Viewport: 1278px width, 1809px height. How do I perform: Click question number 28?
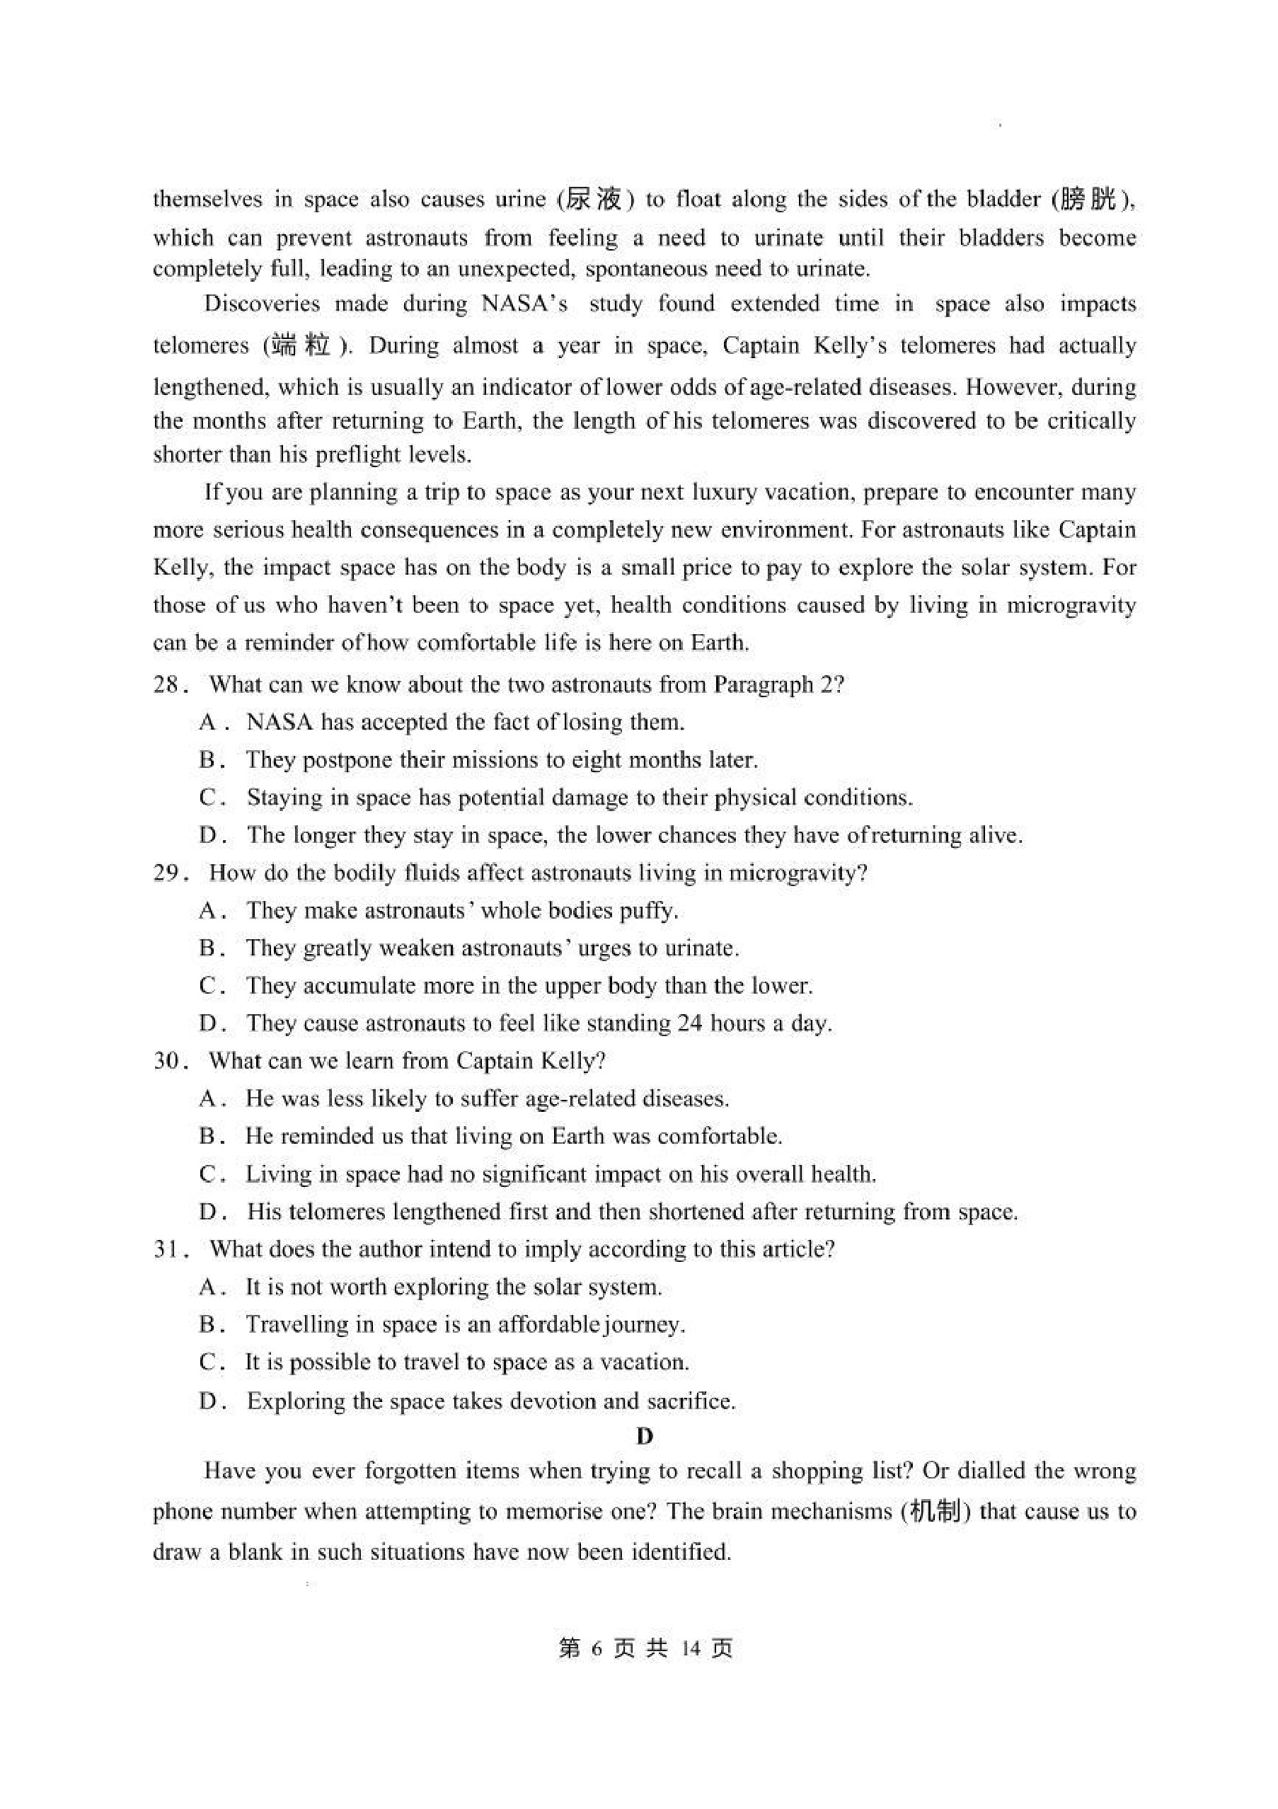pos(166,684)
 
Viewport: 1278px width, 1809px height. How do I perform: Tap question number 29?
pos(166,872)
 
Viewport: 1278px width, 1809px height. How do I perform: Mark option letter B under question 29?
pos(208,948)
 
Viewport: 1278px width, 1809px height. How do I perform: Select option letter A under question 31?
pos(208,1287)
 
